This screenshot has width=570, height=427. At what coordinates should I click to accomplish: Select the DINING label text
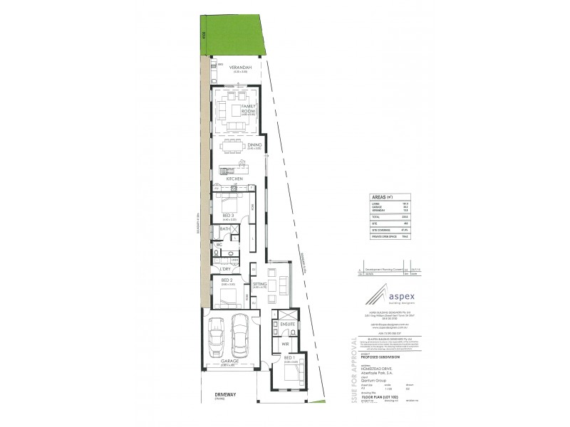tap(255, 145)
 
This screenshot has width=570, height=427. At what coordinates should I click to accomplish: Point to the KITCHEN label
tap(235, 178)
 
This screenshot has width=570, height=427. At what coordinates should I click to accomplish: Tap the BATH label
tap(224, 229)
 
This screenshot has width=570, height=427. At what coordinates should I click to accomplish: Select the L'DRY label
tap(225, 269)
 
